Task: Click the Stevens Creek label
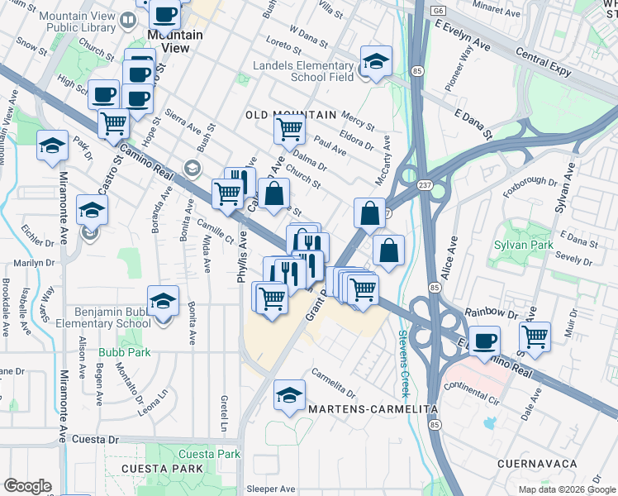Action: point(404,351)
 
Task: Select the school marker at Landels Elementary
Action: point(375,61)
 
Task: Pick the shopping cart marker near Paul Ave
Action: point(289,129)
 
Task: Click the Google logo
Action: point(28,486)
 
